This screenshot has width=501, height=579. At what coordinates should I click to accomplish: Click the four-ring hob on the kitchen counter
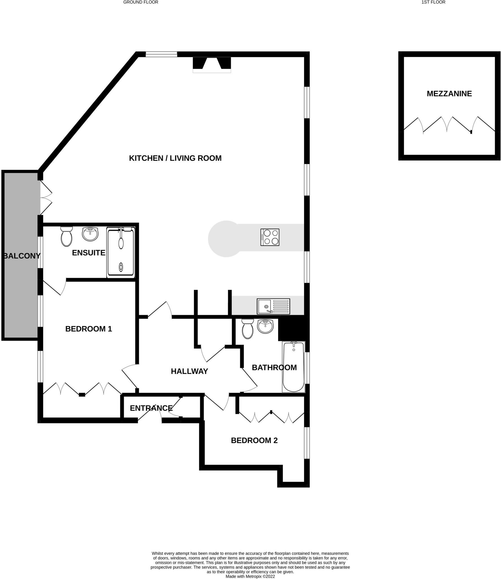[270, 237]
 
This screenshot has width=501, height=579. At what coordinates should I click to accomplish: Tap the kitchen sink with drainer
[273, 306]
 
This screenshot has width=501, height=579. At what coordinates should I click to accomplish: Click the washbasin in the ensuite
[90, 234]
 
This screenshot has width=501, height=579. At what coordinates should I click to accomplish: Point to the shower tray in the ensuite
[121, 252]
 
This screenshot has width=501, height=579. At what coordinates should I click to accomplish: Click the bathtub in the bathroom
[293, 367]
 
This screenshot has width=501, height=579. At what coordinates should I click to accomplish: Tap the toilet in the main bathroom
[248, 329]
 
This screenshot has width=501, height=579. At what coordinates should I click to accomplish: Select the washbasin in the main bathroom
[265, 326]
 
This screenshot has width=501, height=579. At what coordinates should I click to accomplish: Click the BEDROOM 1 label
[89, 329]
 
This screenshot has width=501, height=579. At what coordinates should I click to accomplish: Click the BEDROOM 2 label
[254, 440]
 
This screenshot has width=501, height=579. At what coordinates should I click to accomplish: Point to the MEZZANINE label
[449, 94]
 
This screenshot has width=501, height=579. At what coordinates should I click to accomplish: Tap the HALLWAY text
[189, 371]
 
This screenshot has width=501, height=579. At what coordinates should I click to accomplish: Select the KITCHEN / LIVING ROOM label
[175, 158]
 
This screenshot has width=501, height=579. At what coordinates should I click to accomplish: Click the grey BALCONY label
[22, 256]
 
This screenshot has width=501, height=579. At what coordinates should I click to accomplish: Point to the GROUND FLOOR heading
[141, 2]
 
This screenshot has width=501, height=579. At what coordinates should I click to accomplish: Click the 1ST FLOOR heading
[433, 2]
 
